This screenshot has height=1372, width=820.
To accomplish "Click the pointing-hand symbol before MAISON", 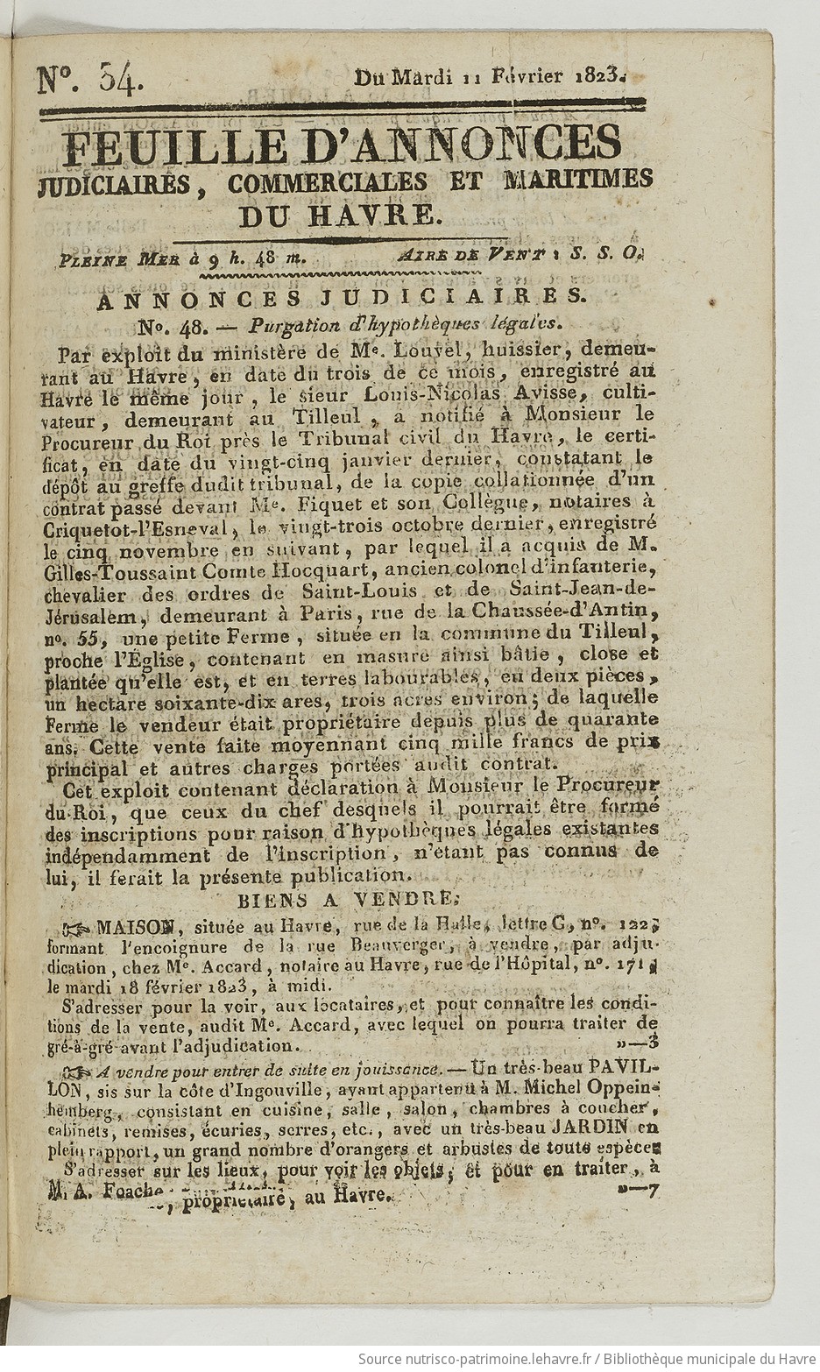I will pos(75,927).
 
